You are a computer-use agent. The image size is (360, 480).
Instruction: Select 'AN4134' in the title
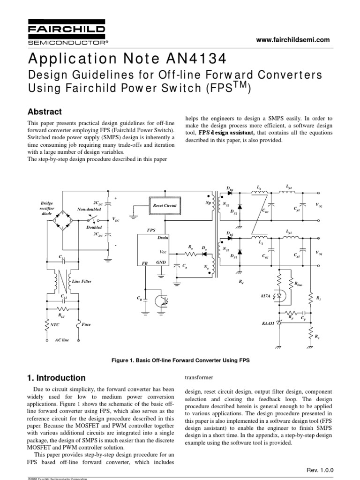193,60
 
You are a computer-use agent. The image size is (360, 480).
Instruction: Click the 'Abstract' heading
45,112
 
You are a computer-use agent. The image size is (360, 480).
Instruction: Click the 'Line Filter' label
82,281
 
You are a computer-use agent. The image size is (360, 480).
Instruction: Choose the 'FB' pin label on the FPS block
145,264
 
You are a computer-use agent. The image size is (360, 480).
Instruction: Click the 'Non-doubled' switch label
89,209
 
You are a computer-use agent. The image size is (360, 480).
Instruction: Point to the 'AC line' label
61,339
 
